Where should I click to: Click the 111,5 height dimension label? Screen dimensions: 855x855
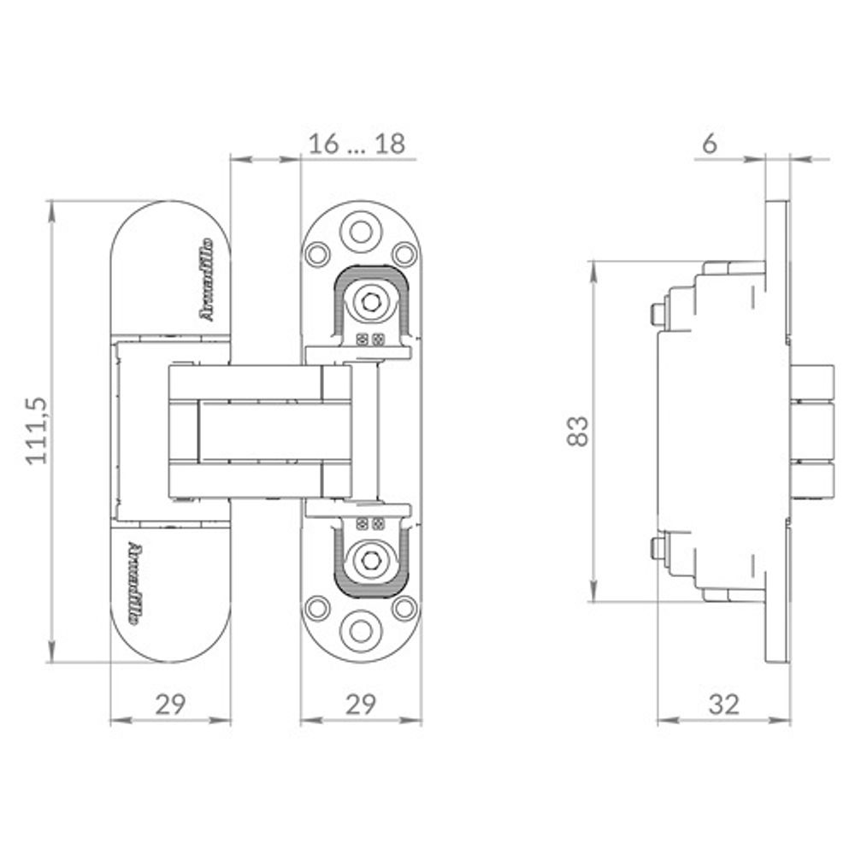36,431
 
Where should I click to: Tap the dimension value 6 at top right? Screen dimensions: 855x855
709,144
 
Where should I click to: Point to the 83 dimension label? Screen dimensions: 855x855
579,431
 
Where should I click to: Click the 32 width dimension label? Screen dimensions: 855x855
723,705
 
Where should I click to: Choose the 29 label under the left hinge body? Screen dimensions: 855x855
170,705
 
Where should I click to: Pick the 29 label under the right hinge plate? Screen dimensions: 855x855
361,705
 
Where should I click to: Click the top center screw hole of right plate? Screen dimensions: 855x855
360,230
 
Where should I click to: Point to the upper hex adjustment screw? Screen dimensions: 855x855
369,302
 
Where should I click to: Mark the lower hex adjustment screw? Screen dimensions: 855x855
369,559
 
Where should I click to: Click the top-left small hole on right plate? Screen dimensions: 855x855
318,254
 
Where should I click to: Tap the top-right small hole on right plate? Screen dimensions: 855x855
403,254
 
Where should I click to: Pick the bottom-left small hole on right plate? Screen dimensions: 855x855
318,608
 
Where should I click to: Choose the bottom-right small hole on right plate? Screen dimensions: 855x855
403,608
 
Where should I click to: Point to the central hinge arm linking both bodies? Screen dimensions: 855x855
261,431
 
